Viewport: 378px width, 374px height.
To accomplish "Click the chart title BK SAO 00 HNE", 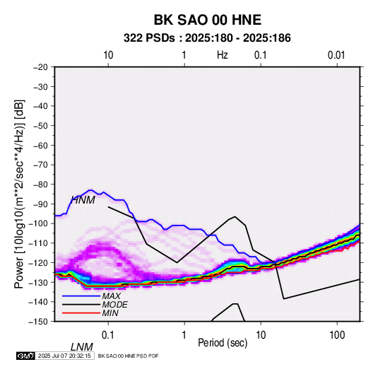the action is tap(207, 20).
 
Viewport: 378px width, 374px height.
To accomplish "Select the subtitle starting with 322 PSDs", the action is tap(207, 38).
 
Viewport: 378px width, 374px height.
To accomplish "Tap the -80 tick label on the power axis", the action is tap(40, 185).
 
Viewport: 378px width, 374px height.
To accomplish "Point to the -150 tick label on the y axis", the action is tap(39, 322).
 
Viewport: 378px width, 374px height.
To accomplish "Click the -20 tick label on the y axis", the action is tap(40, 67).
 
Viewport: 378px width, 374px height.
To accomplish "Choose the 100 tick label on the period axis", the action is tap(337, 335).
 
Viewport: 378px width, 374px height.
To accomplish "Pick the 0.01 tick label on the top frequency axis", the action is tap(336, 55).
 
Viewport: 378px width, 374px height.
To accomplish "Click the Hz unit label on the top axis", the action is tap(223, 55).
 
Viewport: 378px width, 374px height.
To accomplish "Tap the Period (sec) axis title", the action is tap(223, 343).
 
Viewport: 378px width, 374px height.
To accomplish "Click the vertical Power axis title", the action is tap(19, 194).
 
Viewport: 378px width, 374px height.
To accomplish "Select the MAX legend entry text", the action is tap(111, 296).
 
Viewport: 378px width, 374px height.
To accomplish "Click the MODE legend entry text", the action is tap(114, 305).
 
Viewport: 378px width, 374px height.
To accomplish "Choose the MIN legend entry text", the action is tap(110, 313).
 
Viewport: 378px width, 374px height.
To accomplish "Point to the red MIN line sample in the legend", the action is tap(81, 313).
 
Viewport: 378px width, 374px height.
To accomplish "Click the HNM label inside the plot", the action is tap(83, 200).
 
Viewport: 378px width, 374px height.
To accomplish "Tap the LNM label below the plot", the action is tap(82, 347).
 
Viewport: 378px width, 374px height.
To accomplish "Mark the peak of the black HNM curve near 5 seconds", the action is tap(235, 216).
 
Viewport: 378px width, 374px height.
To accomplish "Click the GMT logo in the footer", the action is tap(26, 356).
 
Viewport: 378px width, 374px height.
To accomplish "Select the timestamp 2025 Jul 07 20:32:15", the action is tap(64, 356).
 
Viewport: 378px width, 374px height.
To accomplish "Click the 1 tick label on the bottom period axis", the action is tap(184, 335).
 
